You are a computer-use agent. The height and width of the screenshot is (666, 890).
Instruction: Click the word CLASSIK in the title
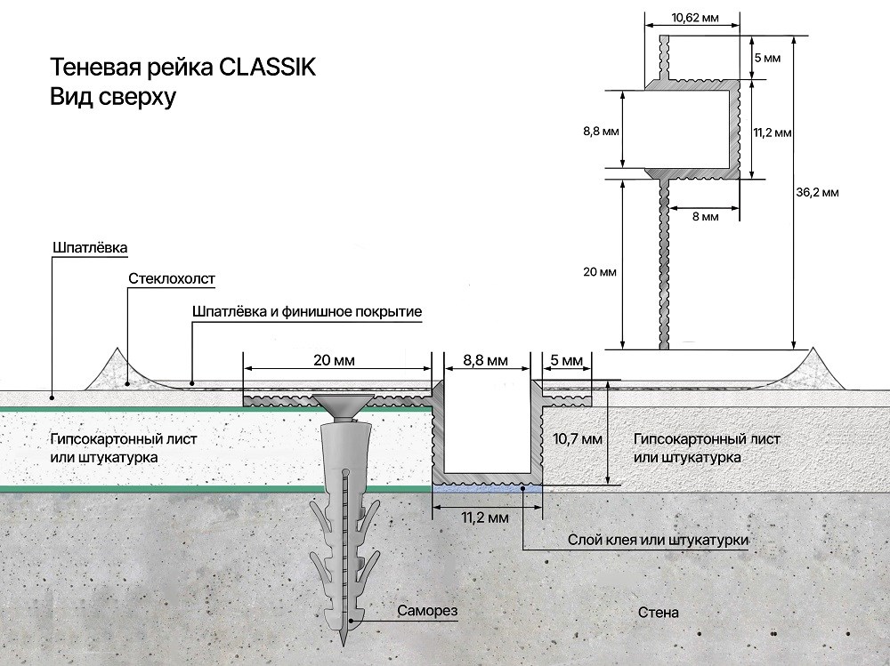tap(267, 68)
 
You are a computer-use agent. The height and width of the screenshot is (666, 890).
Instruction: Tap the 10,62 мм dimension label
tap(695, 18)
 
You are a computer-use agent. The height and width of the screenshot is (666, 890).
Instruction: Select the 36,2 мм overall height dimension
tap(817, 192)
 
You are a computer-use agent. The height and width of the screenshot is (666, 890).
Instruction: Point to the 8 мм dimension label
tap(706, 217)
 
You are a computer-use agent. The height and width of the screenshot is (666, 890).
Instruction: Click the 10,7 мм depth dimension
tap(578, 438)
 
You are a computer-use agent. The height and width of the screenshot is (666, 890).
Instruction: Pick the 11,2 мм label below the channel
tap(485, 518)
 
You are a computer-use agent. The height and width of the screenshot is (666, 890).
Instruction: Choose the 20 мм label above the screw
tap(334, 360)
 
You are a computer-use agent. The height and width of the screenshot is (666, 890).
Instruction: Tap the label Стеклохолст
tap(172, 278)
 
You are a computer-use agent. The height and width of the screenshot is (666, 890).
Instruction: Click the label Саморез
tap(427, 611)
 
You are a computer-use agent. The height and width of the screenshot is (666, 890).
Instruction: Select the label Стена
tap(659, 613)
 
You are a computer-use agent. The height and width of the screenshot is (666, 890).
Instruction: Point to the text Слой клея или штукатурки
tap(659, 540)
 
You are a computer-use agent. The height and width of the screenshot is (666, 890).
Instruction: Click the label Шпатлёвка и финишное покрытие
tap(307, 311)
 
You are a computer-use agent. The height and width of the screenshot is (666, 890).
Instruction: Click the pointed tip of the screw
tap(343, 645)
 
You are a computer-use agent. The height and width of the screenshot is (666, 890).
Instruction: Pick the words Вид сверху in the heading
tap(113, 97)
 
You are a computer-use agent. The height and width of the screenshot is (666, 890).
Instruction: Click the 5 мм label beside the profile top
tap(767, 58)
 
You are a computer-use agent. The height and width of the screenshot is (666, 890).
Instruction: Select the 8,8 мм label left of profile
tap(601, 132)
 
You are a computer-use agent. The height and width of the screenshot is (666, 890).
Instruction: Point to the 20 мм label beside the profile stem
tap(599, 272)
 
